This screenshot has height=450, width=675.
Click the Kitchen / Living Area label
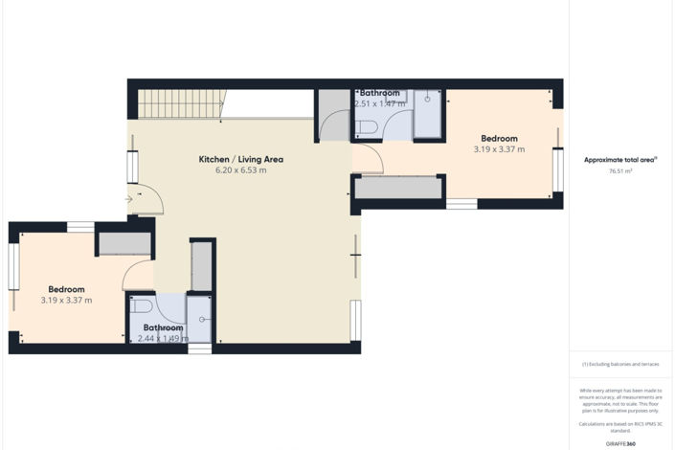240,159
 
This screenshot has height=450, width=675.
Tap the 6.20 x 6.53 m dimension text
240,170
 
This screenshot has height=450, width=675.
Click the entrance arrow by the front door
129,199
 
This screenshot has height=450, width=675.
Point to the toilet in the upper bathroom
366,127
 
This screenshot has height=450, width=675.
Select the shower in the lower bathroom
200,318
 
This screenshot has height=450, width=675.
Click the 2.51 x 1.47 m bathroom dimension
379,103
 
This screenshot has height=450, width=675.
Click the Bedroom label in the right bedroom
499,138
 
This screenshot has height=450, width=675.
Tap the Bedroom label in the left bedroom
67,289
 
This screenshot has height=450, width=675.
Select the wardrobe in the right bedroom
398,188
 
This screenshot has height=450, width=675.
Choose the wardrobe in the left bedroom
124,243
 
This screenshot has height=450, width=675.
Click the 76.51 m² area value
620,171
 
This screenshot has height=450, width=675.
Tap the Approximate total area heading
620,160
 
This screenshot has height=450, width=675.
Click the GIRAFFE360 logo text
620,443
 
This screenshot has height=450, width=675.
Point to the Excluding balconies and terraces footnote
620,365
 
